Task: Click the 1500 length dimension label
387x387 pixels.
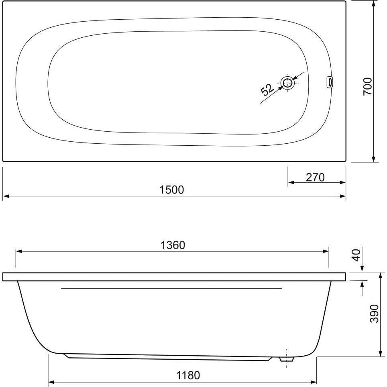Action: click(x=172, y=190)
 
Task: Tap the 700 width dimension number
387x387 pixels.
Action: click(x=367, y=86)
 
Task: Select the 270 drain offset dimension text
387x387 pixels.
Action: click(x=315, y=177)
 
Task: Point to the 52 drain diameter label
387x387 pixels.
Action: click(x=267, y=90)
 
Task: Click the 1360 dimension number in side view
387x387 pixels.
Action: click(x=173, y=245)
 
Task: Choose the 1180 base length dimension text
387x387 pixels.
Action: click(x=188, y=375)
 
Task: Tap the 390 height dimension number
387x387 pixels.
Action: click(x=375, y=314)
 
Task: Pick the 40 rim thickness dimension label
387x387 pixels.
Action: click(x=356, y=255)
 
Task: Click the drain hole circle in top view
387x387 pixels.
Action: click(x=287, y=83)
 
